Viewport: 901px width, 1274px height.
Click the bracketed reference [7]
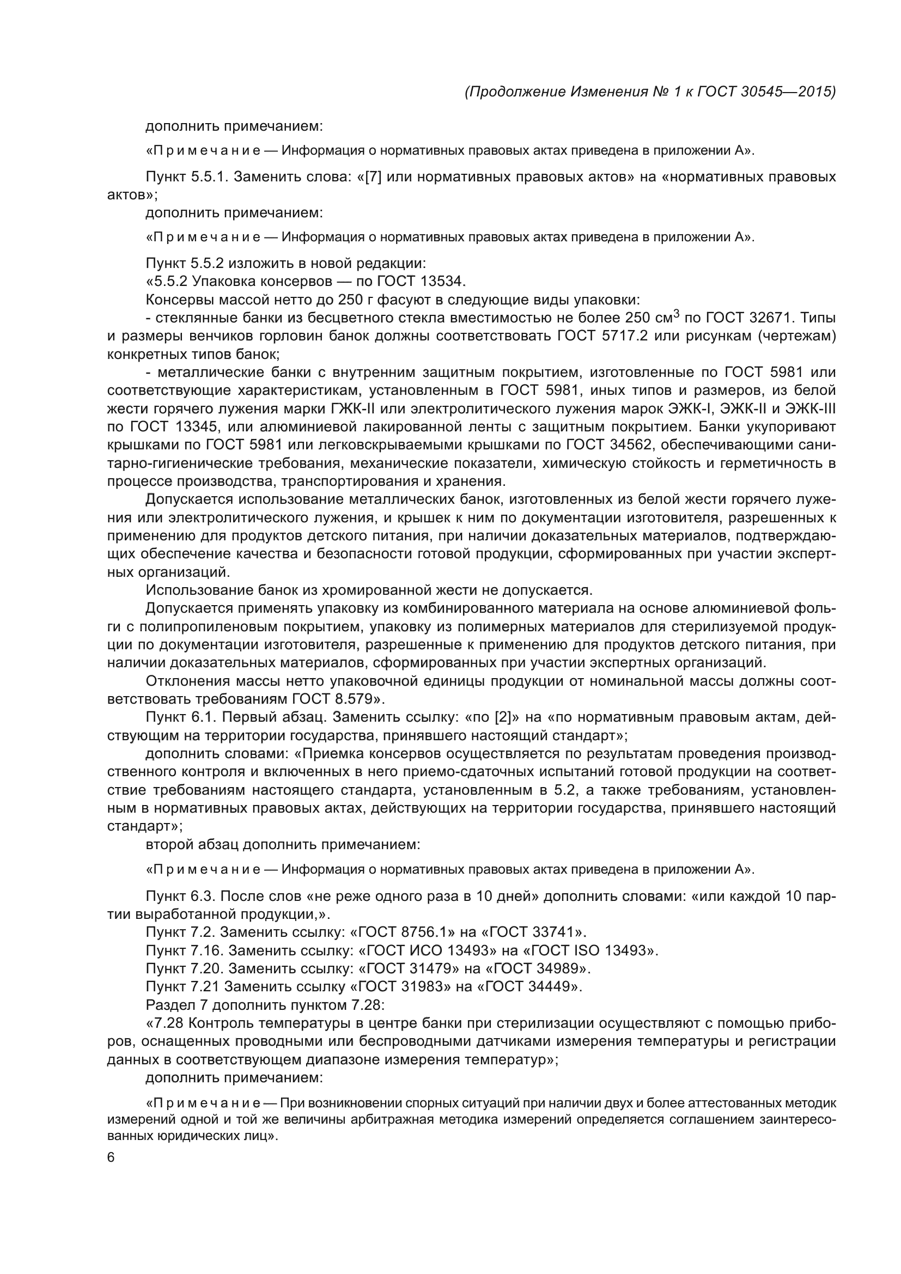[373, 177]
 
